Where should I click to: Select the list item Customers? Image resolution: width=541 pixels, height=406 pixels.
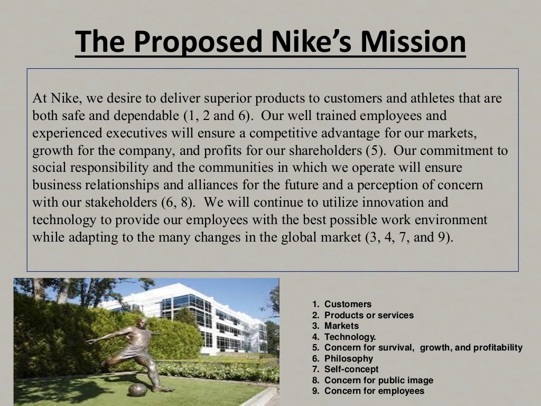(x=348, y=304)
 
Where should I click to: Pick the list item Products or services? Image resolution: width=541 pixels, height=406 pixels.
(x=369, y=315)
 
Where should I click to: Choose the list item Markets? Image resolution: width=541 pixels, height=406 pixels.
(x=341, y=326)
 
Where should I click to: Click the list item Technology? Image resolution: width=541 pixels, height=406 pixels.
(x=350, y=337)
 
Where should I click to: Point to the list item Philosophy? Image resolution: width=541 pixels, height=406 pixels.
(x=349, y=358)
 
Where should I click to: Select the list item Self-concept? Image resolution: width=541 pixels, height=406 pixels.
(x=351, y=370)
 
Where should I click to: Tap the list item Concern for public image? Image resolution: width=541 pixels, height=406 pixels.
(x=378, y=380)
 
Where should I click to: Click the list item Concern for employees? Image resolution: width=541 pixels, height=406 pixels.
(x=374, y=391)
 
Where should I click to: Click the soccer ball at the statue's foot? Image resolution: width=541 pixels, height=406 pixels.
(x=137, y=390)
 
